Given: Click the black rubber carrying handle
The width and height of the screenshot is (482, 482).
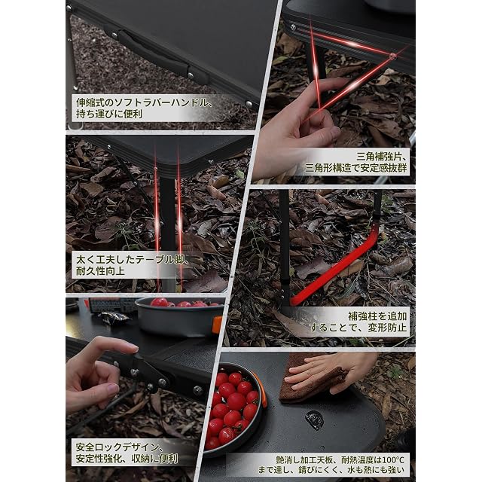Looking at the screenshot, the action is point(154,53).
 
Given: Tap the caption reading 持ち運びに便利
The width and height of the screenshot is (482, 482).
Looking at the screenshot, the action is point(109,114).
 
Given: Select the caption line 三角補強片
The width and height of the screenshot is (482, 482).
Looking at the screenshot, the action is point(382,157).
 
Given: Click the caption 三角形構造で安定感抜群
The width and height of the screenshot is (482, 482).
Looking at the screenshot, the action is point(356,168).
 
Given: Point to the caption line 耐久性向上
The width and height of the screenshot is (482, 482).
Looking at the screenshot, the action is point(100,271).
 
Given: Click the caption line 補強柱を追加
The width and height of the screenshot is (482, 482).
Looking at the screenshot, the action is point(377,316).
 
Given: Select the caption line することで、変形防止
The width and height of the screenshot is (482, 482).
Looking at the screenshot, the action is point(358,328).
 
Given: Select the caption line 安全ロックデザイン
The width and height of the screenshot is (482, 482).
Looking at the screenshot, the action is point(117,447).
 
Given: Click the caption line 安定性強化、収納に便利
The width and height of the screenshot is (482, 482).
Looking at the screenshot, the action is point(127,459).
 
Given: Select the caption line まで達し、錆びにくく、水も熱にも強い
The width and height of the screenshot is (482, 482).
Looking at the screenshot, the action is point(331,470).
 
